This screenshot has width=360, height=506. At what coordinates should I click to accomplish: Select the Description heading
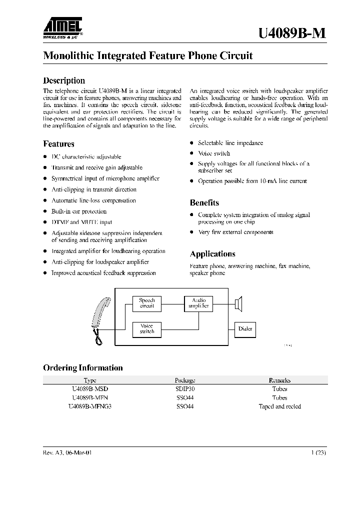pos(64,80)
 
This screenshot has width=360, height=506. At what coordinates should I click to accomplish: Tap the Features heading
pos(58,144)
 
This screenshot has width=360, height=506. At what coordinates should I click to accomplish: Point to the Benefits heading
pos(204,202)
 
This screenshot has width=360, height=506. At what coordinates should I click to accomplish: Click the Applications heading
pos(212,254)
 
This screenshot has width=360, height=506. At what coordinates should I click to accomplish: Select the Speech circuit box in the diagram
pos(147,303)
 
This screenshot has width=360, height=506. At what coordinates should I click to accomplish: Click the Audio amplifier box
pos(198,303)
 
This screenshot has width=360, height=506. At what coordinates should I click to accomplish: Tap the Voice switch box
pos(147,328)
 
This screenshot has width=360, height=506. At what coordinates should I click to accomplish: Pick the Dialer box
pos(245,329)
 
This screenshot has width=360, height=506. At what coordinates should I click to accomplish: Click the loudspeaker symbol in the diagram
pos(238,302)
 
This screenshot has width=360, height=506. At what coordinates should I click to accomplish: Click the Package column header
pos(184,380)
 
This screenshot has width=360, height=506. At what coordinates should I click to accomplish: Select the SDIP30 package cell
pos(184,388)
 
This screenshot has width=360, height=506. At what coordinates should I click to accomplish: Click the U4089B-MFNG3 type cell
pos(90,406)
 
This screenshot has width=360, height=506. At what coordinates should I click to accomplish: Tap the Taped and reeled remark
pos(279,406)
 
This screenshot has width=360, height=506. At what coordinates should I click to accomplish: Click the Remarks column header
pos(279,380)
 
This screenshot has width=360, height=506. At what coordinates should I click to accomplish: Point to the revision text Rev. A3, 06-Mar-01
pos(67,452)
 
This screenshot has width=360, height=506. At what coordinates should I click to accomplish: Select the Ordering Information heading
pos(83,368)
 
